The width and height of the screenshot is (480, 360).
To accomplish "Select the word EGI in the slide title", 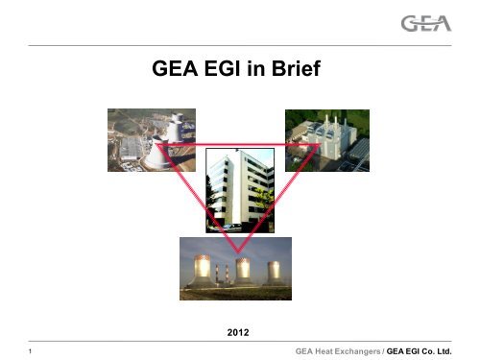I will point(211,71).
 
